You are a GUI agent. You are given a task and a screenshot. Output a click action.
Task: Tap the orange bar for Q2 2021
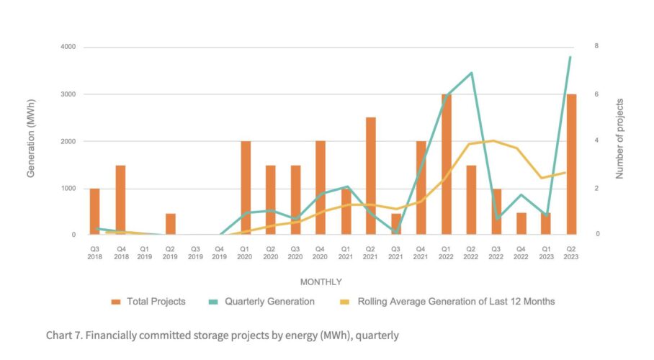pyautogui.click(x=371, y=176)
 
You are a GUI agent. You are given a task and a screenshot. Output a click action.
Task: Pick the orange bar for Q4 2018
pyautogui.click(x=120, y=200)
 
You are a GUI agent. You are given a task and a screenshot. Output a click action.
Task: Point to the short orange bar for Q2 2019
pyautogui.click(x=171, y=224)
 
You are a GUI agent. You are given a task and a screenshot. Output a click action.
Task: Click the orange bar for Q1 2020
pyautogui.click(x=246, y=188)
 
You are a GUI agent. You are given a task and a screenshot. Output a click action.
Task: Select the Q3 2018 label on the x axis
pyautogui.click(x=95, y=252)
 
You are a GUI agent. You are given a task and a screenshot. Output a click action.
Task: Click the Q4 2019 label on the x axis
pyautogui.click(x=220, y=252)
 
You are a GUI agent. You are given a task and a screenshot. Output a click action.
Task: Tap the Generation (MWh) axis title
pyautogui.click(x=31, y=141)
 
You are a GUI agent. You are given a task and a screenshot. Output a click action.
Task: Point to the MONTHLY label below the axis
pyautogui.click(x=321, y=282)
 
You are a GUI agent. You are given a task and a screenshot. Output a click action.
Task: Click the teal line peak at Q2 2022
pyautogui.click(x=471, y=73)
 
